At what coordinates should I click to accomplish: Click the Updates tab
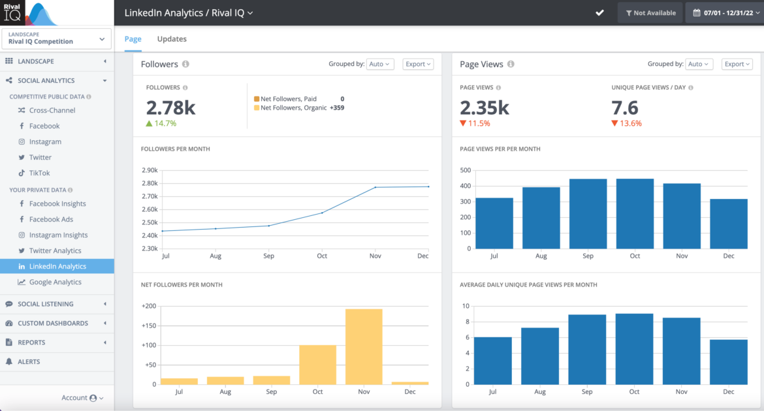point(172,39)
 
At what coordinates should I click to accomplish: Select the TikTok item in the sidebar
point(39,173)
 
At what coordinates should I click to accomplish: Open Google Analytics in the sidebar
point(55,282)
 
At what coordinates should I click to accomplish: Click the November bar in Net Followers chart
point(364,346)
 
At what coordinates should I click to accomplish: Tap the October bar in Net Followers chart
point(317,365)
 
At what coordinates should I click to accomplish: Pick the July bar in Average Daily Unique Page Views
point(493,360)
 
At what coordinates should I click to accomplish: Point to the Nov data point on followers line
point(375,188)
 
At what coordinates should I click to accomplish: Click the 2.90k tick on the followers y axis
point(149,170)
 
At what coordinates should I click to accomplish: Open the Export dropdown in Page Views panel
point(737,64)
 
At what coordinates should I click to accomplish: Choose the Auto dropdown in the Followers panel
point(379,64)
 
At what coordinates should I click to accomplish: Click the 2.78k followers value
point(170,108)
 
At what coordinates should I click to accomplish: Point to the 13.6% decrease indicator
point(627,123)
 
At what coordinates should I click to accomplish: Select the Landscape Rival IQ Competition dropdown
point(56,38)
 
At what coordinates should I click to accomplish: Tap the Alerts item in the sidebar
point(29,361)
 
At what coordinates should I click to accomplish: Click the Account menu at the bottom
point(82,398)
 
